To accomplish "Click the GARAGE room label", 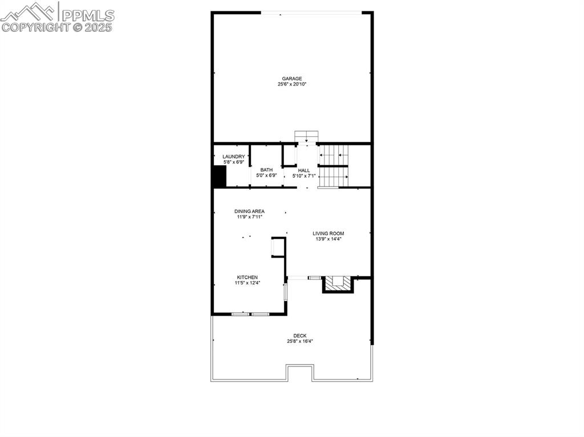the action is [x=291, y=79].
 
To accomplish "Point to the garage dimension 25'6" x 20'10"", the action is [x=291, y=84].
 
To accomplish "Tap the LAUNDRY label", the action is [x=233, y=157].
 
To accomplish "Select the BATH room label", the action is [x=266, y=170].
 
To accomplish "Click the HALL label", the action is [x=304, y=170].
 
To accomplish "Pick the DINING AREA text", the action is [x=250, y=211].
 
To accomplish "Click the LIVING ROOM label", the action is [x=328, y=234].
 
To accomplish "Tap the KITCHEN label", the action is [x=248, y=277].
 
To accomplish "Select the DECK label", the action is [x=300, y=336].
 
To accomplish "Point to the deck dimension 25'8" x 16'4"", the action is [x=300, y=341].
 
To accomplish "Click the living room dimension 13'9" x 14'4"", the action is [x=328, y=239].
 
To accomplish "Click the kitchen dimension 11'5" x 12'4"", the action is [x=248, y=283].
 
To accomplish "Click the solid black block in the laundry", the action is [x=219, y=177].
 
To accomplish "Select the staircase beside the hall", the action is [x=333, y=166].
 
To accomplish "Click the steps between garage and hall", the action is [x=306, y=136].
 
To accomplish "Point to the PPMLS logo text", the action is [x=88, y=15].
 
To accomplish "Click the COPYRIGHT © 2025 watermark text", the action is [x=56, y=27].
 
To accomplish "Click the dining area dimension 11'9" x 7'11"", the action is [x=250, y=217].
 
